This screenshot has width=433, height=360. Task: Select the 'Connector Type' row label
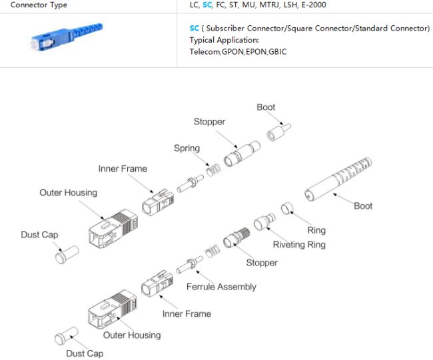(x=39, y=5)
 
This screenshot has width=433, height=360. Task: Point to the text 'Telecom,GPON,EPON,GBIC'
(x=238, y=51)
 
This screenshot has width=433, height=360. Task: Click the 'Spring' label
(x=187, y=148)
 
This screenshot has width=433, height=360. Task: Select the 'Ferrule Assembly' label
(x=221, y=286)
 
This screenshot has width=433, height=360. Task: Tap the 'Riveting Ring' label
(x=299, y=244)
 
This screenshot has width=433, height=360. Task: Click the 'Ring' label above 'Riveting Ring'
(x=316, y=230)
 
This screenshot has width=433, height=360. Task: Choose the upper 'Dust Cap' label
(x=39, y=234)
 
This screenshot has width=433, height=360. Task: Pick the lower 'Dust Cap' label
(x=85, y=353)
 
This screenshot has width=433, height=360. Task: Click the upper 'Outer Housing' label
(x=68, y=192)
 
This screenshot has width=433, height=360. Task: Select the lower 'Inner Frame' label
(x=187, y=313)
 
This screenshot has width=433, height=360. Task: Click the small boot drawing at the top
(x=278, y=132)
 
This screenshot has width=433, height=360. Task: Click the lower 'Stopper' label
(x=262, y=262)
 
